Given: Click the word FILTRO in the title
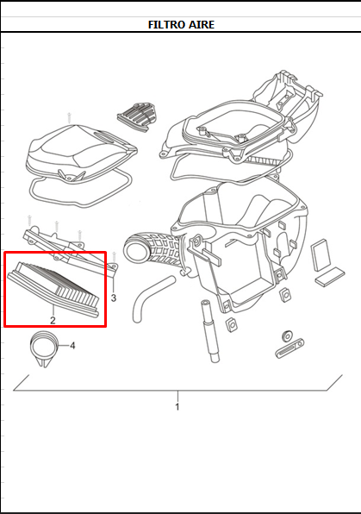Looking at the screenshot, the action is click(x=167, y=25).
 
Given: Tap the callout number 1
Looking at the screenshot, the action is click(x=177, y=407).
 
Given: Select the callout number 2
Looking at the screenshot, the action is click(x=53, y=320).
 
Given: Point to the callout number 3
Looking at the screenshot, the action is click(x=114, y=298).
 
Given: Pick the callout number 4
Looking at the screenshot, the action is click(x=72, y=346).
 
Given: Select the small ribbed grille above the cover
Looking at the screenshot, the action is click(x=137, y=117).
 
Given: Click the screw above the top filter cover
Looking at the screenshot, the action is click(x=69, y=118).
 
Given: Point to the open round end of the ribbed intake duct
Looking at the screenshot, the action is click(x=134, y=250).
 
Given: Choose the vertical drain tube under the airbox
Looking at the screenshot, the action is click(x=209, y=331).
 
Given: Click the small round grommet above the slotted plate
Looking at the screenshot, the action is click(x=287, y=335).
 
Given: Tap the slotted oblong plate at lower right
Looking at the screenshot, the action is click(x=289, y=348).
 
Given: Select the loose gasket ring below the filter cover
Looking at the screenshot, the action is click(x=81, y=189).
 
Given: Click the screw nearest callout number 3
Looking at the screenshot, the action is click(x=114, y=257).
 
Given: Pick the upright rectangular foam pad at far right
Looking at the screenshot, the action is click(x=321, y=255).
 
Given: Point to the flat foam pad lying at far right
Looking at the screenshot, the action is click(x=330, y=276).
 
